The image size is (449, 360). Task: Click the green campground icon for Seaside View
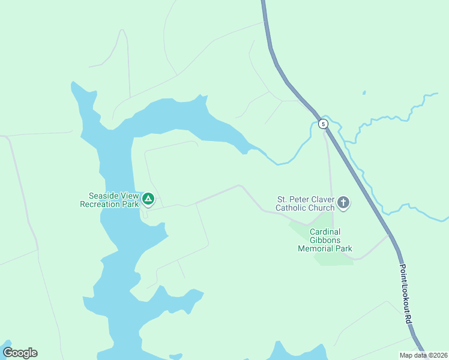click(148, 198)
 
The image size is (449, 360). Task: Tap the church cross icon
click(343, 203)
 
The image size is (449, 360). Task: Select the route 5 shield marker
click(324, 124)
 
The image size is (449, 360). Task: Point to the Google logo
click(20, 353)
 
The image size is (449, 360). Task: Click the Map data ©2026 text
click(423, 355)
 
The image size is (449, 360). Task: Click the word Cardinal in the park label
click(325, 232)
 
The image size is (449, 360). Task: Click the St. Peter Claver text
click(304, 199)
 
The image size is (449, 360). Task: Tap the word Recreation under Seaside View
click(100, 204)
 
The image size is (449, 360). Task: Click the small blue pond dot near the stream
click(364, 93)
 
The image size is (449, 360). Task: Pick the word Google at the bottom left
click(20, 353)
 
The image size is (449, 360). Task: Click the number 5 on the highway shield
click(324, 124)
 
